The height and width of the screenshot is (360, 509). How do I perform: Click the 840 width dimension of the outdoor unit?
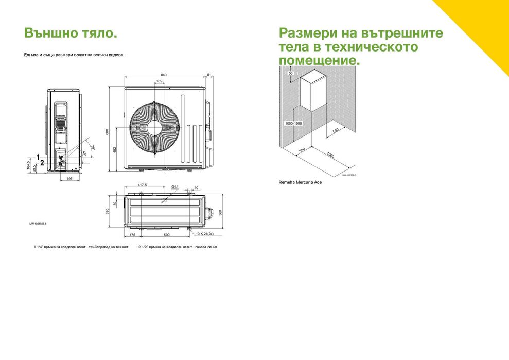pyautogui.click(x=164, y=75)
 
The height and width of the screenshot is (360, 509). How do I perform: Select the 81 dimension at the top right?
pyautogui.click(x=209, y=75)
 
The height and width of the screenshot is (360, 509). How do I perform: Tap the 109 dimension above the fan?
pyautogui.click(x=159, y=81)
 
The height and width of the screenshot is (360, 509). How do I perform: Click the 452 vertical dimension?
pyautogui.click(x=115, y=149)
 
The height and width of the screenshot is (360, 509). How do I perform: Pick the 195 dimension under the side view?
pyautogui.click(x=69, y=178)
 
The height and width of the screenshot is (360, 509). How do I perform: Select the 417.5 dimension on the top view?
pyautogui.click(x=143, y=184)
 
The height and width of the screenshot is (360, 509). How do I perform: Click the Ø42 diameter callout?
pyautogui.click(x=174, y=186)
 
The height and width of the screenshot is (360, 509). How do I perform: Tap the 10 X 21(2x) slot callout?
pyautogui.click(x=204, y=233)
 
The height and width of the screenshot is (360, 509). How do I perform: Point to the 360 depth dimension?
pyautogui.click(x=220, y=212)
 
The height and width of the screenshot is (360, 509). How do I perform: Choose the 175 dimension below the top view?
pyautogui.click(x=132, y=234)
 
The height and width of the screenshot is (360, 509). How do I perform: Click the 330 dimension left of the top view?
pyautogui.click(x=108, y=212)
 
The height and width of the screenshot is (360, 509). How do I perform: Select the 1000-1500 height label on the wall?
pyautogui.click(x=292, y=124)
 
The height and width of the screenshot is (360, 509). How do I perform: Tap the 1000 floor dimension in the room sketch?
pyautogui.click(x=330, y=156)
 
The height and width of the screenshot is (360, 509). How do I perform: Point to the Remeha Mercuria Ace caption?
pyautogui.click(x=300, y=182)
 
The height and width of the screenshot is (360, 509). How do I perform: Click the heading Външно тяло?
pyautogui.click(x=71, y=33)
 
